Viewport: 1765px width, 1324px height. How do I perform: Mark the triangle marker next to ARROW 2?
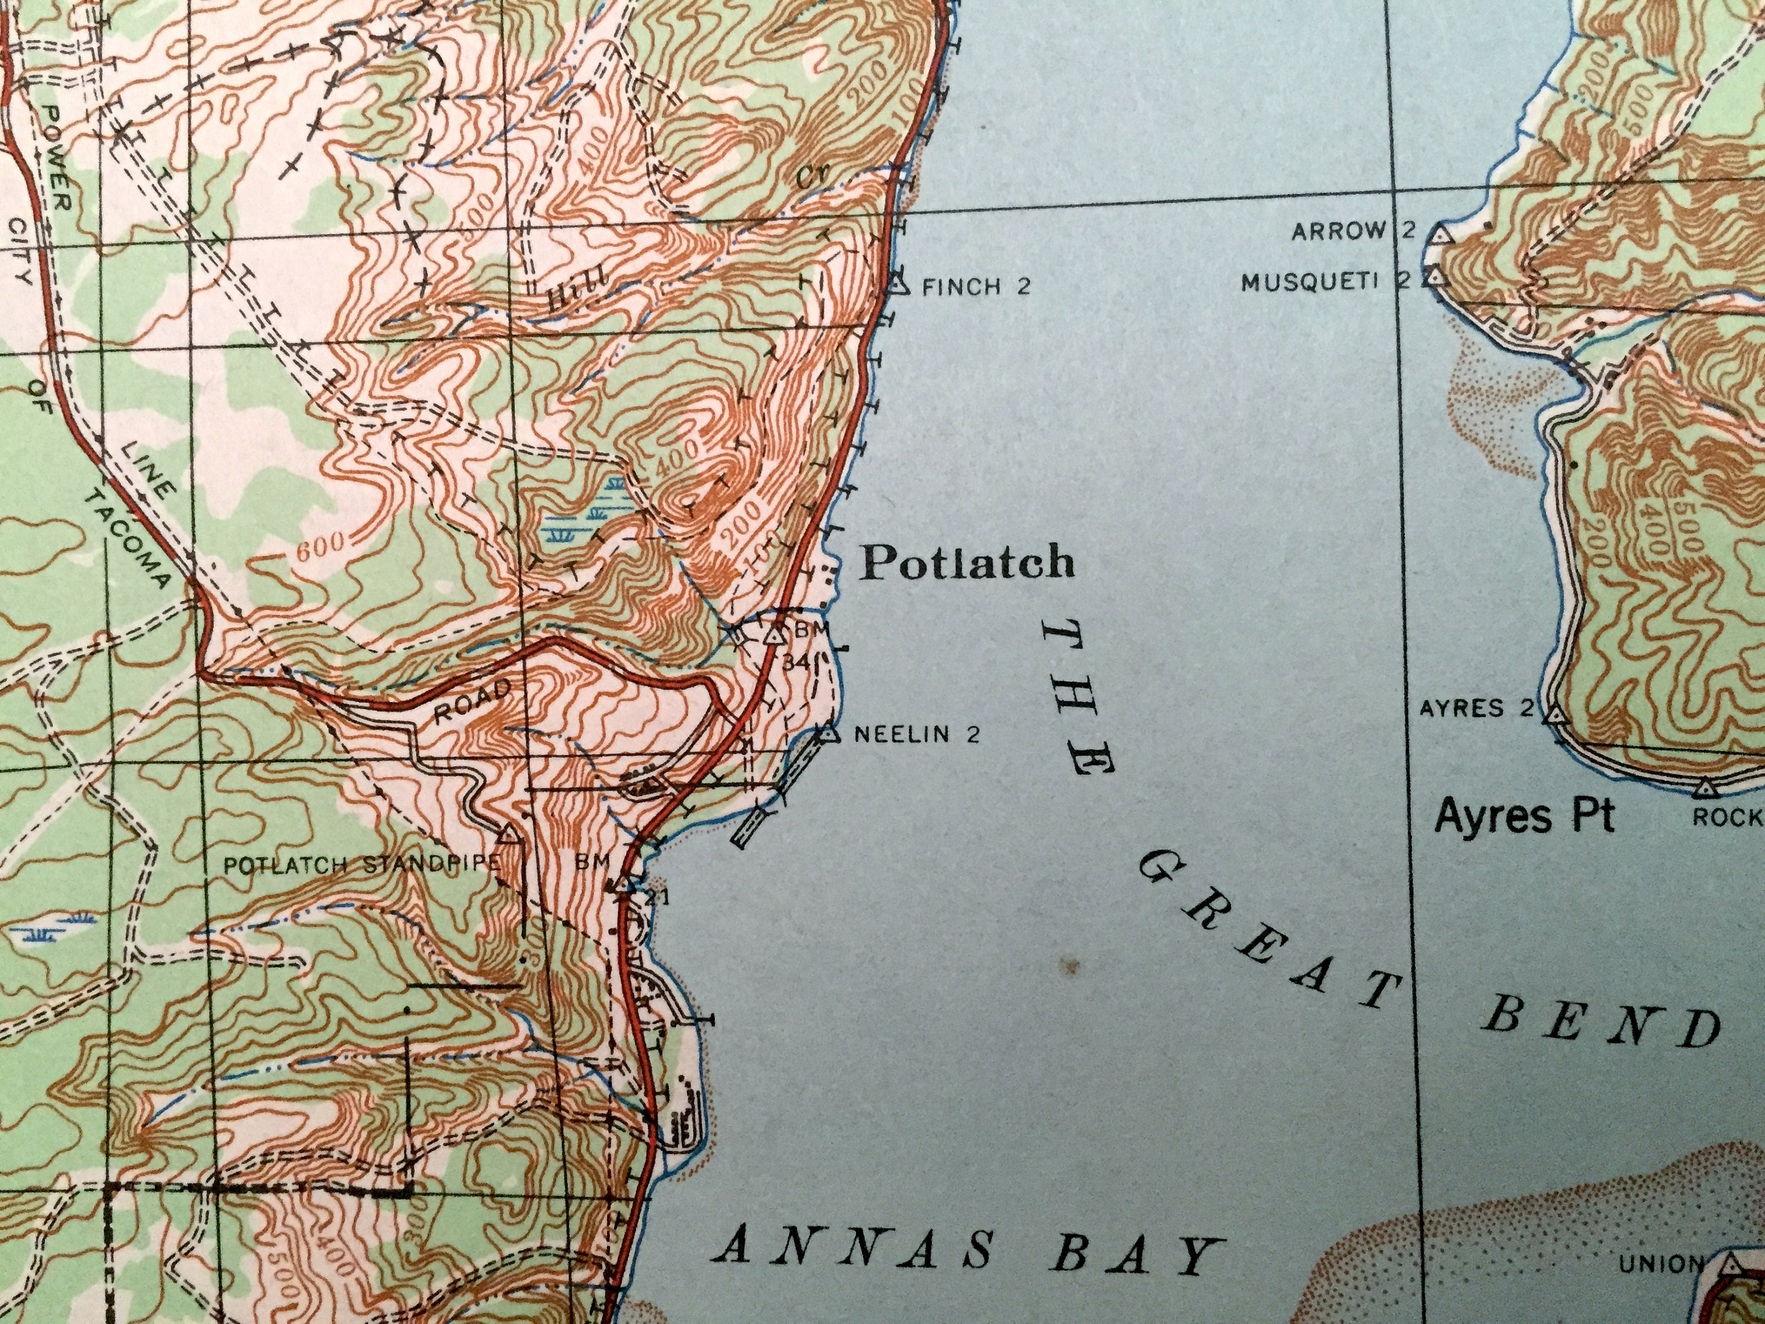tap(1440, 235)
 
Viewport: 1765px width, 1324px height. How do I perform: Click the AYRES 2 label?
tap(1476, 708)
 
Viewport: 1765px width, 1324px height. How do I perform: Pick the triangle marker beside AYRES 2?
tap(1553, 714)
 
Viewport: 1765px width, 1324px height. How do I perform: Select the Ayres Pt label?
tap(1524, 817)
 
